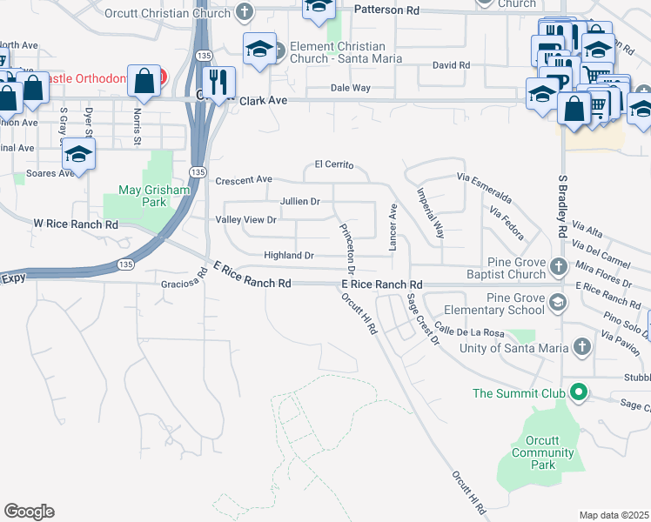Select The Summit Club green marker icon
575,393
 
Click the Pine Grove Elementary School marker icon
558,303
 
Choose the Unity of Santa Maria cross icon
582,348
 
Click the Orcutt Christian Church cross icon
245,13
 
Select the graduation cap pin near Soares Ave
78,156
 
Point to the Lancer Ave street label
393,229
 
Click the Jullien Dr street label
300,201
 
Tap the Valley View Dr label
245,219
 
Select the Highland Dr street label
289,256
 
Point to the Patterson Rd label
387,10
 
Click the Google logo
29,512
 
